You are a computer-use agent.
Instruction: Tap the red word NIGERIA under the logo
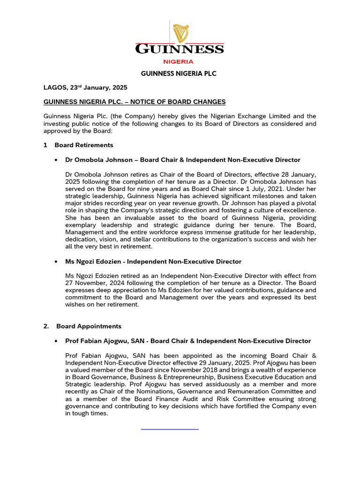coord(178,61)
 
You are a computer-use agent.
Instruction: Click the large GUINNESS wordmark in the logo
coord(180,49)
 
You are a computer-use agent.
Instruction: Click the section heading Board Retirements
coord(84,145)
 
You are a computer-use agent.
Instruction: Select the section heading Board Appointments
coord(89,326)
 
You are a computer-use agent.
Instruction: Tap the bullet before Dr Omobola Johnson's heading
coord(56,160)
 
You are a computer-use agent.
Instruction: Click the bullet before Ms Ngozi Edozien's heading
coord(56,262)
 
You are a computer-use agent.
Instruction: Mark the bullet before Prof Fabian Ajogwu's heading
coord(56,341)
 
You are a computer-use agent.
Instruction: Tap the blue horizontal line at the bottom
coord(170,428)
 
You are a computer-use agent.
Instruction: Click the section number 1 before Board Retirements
coord(45,145)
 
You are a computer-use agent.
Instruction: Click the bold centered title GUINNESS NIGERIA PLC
coord(179,74)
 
